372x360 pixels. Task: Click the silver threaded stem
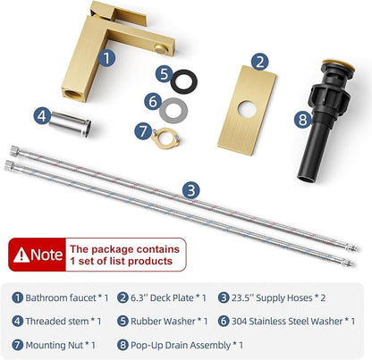pyautogui.click(x=70, y=124)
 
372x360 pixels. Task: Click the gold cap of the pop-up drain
pyautogui.click(x=338, y=64)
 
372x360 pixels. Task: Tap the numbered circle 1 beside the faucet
pyautogui.click(x=107, y=57)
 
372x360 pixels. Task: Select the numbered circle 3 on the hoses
pyautogui.click(x=191, y=189)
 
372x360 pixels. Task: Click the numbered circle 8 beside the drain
pyautogui.click(x=303, y=120)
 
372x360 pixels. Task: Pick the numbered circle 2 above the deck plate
pyautogui.click(x=259, y=62)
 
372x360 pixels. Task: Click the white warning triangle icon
pyautogui.click(x=21, y=255)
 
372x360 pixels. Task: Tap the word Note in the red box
pyautogui.click(x=46, y=255)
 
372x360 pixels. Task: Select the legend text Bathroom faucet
pyautogui.click(x=61, y=297)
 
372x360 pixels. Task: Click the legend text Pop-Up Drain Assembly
pyautogui.click(x=181, y=345)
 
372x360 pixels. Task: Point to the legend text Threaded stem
pyautogui.click(x=57, y=322)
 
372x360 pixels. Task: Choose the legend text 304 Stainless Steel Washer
pyautogui.click(x=287, y=322)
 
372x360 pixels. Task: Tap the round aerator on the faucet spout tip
pyautogui.click(x=162, y=48)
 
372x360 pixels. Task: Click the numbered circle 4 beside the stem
pyautogui.click(x=42, y=115)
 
